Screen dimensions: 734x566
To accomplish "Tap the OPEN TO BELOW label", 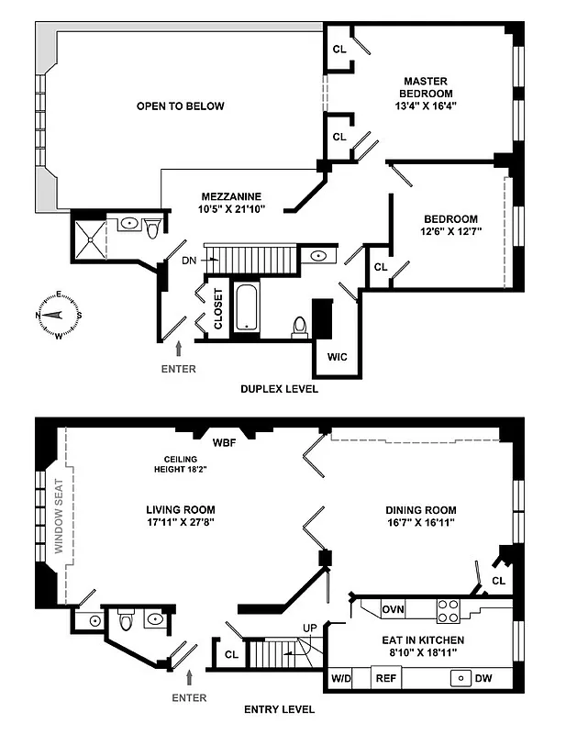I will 181,106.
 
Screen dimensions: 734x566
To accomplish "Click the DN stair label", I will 190,261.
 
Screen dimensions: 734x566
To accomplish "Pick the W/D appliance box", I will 339,679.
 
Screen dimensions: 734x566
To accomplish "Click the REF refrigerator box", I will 385,679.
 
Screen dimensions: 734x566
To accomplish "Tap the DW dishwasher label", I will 483,679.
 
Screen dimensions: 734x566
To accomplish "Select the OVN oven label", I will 394,608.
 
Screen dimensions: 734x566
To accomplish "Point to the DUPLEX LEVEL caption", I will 279,389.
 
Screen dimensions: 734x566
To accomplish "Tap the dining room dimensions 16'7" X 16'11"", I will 422,523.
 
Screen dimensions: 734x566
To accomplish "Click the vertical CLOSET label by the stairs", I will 218,309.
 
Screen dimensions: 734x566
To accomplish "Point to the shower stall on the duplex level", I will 89,235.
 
